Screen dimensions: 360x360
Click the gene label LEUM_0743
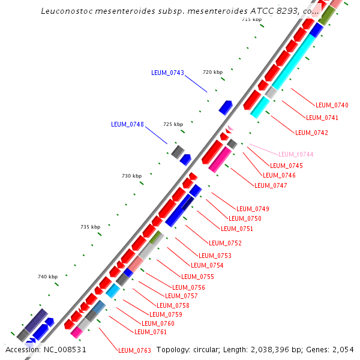(167, 73)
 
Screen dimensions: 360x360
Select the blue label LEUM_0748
(127, 125)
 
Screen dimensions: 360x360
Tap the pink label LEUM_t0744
(295, 155)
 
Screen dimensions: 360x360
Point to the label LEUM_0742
(311, 133)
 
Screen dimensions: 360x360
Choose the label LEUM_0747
(271, 186)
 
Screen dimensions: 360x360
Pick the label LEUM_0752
(225, 244)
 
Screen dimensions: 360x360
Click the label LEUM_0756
(189, 288)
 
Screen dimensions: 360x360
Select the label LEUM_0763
(134, 350)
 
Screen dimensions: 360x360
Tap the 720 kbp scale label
(212, 72)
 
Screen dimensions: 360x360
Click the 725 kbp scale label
(173, 125)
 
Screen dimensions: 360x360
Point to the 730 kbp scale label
(131, 176)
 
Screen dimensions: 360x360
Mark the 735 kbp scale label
(90, 227)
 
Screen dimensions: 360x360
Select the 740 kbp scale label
(47, 277)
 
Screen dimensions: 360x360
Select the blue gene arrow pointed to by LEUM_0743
(226, 107)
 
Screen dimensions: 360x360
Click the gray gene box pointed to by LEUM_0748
(177, 152)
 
